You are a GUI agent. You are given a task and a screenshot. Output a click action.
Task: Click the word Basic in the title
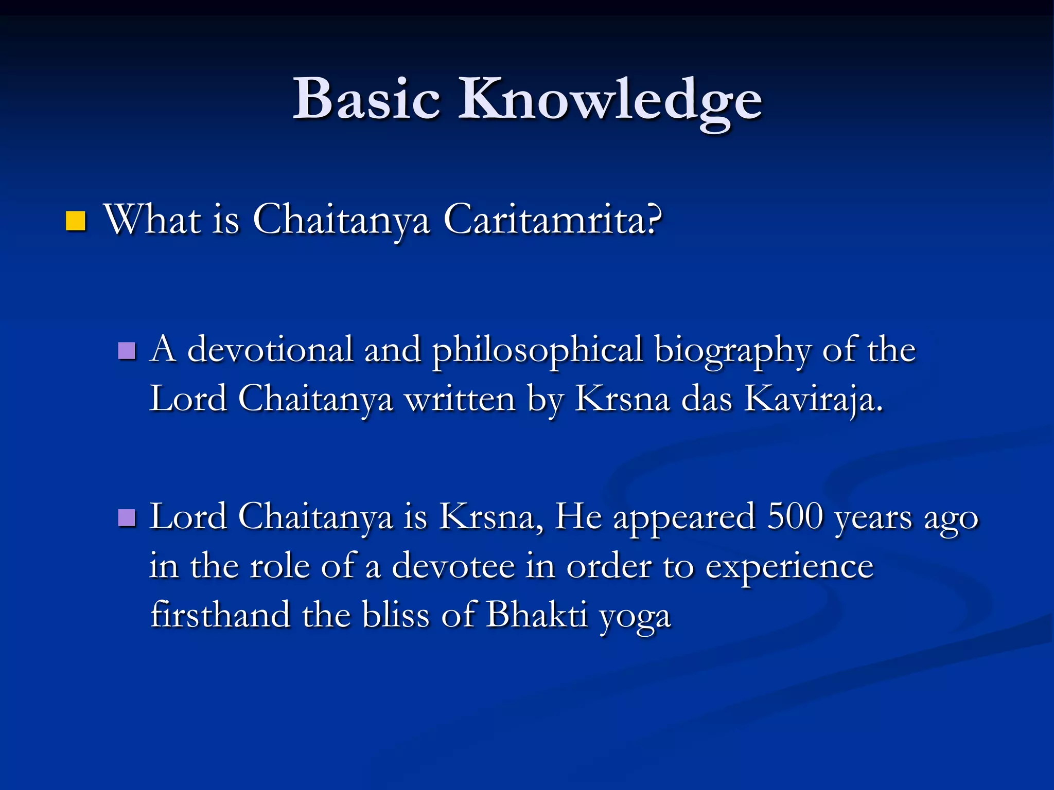point(366,99)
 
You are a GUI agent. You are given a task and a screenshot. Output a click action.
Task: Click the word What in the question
point(152,220)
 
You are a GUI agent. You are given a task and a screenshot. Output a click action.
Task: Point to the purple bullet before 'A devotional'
point(127,351)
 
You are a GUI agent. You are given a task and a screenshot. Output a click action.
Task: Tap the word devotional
point(270,350)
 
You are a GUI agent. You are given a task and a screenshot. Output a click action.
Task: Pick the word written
point(460,399)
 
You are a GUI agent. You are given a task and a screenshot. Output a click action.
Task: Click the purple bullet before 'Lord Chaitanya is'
point(127,518)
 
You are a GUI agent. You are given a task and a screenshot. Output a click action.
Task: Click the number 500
point(795,516)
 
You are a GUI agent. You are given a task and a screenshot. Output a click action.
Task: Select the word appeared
point(684,517)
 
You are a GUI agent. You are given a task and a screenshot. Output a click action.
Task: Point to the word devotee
point(453,566)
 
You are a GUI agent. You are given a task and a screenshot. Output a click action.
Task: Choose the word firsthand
point(220,614)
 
